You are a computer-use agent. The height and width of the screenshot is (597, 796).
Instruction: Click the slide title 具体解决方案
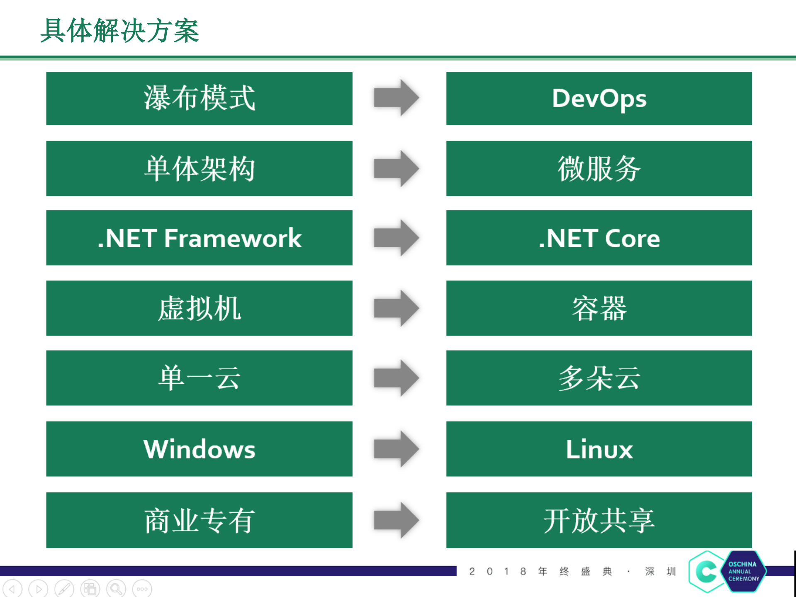[x=119, y=31]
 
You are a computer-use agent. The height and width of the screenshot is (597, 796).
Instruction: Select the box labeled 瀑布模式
[x=199, y=98]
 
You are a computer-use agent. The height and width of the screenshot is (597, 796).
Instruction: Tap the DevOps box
[x=599, y=98]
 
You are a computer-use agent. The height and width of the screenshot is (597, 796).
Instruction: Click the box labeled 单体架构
[x=199, y=168]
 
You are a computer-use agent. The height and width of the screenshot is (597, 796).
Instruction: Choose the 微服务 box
[x=599, y=168]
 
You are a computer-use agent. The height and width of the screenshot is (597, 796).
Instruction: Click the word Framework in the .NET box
[x=233, y=238]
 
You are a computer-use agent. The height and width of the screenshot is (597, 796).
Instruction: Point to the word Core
[x=632, y=239]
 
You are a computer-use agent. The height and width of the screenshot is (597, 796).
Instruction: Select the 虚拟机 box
[x=199, y=308]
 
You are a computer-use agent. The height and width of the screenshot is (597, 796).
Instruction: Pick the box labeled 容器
[x=599, y=308]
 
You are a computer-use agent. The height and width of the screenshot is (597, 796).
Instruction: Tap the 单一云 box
[x=199, y=378]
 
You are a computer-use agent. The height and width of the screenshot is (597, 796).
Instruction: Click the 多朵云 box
[x=599, y=378]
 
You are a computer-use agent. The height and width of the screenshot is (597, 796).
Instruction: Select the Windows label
[x=199, y=449]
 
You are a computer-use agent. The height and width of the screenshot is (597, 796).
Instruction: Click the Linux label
[x=599, y=449]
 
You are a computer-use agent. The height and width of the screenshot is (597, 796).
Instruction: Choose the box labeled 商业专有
[x=199, y=520]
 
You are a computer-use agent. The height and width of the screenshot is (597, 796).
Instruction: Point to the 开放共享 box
[x=599, y=520]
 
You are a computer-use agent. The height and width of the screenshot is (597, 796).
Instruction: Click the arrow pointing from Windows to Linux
[x=396, y=449]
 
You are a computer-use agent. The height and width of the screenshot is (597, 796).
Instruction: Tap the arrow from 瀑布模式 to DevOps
[x=396, y=98]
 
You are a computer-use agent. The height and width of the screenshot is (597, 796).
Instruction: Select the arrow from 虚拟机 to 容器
[x=396, y=308]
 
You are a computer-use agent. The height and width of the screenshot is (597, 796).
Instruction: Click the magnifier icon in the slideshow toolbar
[x=116, y=589]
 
